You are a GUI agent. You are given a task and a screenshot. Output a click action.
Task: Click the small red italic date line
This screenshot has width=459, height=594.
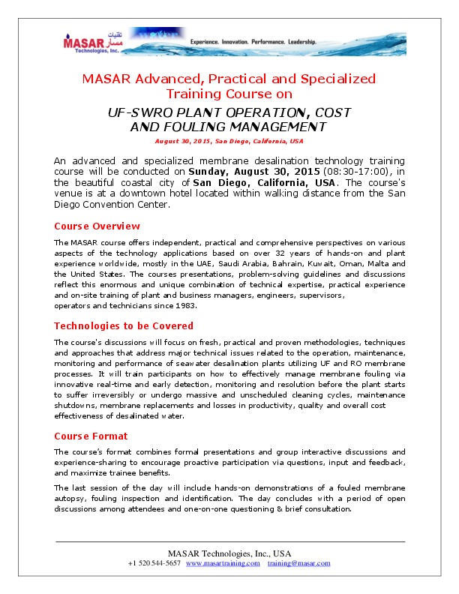coord(229,140)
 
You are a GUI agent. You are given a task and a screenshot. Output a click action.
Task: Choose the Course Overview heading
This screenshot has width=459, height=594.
coord(97,226)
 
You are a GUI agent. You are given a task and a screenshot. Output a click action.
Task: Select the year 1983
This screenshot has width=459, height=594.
coord(185,306)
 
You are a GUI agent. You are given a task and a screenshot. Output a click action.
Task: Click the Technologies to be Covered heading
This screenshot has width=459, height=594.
coord(124,325)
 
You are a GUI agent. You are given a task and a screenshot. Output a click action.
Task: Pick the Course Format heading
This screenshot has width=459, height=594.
coord(91,436)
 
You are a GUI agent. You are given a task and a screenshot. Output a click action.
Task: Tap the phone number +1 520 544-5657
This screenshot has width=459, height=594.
coord(154,562)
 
